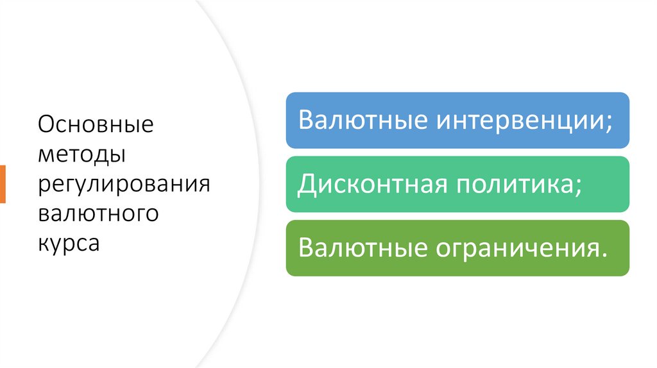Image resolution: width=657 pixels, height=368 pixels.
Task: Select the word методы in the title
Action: (81, 155)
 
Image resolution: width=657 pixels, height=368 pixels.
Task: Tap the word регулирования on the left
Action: (124, 185)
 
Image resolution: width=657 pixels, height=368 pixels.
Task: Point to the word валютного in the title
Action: (98, 213)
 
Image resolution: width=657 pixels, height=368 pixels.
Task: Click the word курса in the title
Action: (69, 244)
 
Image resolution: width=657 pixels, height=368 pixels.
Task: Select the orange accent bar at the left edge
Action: (3, 184)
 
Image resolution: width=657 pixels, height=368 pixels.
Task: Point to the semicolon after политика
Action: (579, 187)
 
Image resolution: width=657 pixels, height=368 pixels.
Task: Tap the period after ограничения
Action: (601, 255)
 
